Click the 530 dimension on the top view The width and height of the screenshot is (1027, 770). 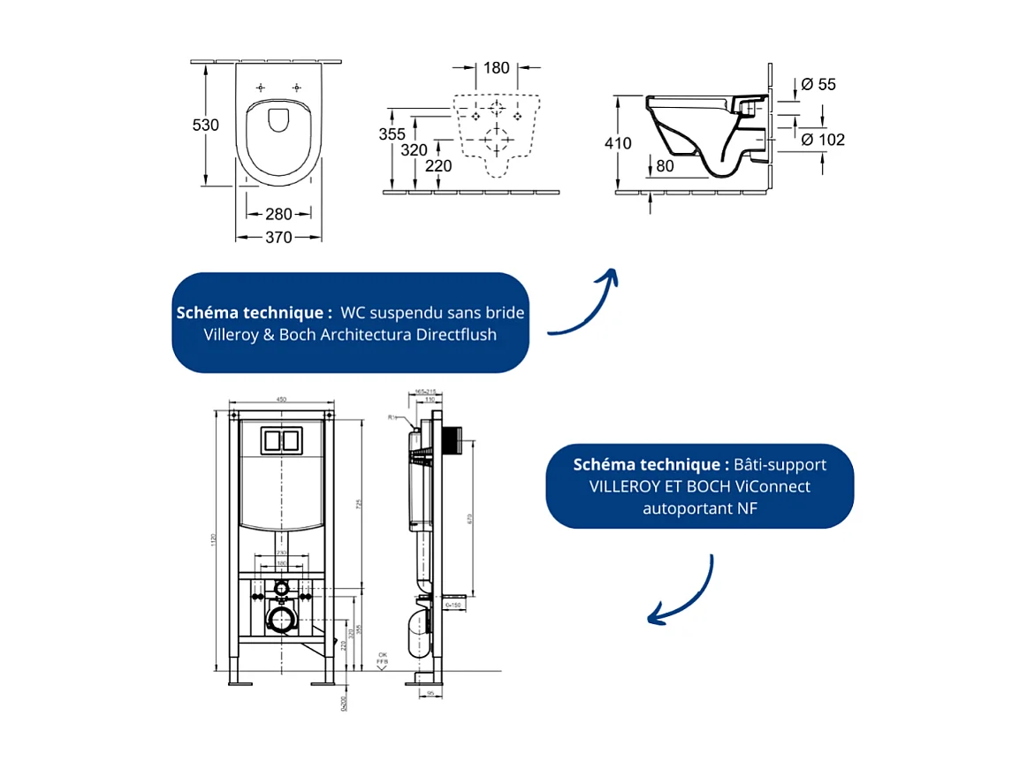point(206,125)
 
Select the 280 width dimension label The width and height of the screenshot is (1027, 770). point(278,213)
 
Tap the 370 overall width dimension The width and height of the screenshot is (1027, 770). point(278,237)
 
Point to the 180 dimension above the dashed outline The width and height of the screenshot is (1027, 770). point(497,67)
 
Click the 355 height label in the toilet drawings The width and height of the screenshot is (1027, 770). point(392,134)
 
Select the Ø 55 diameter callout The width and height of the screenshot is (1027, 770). point(818,85)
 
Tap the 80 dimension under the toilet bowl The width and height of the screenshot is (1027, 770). point(666,164)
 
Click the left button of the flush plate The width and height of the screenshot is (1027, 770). point(271,440)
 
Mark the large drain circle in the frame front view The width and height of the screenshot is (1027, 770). point(282,621)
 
